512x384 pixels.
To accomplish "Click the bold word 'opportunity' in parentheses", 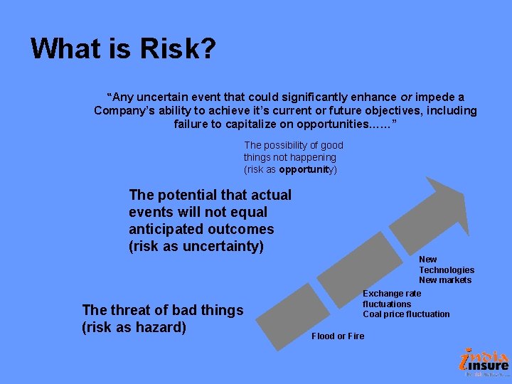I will click(306, 169).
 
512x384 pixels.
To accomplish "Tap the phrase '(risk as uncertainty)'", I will click(196, 246).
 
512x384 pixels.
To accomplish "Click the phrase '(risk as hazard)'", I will click(134, 327).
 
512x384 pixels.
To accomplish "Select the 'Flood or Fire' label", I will click(338, 336).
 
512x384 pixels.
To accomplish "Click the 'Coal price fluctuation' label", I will click(406, 314).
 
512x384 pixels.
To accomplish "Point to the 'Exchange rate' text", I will click(392, 293).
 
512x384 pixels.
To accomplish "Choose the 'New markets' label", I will click(444, 280).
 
